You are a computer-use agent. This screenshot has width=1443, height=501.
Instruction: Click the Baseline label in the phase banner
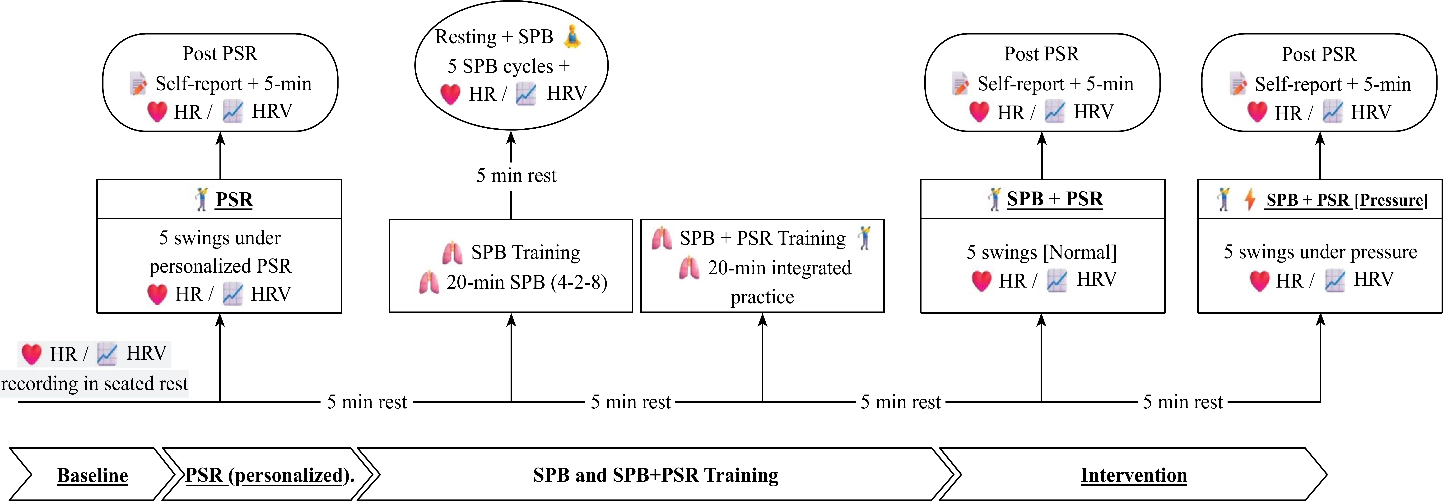(92, 475)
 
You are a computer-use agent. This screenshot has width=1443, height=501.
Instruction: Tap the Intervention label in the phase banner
(1133, 475)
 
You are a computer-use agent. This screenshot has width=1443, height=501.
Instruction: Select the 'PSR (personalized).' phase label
(270, 475)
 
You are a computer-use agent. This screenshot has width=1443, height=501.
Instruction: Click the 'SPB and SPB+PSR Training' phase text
(655, 475)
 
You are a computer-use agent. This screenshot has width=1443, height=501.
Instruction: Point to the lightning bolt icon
(1249, 199)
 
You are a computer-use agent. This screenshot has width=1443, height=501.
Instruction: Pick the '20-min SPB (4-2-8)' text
(526, 282)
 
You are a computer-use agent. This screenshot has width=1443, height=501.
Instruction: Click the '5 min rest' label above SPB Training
(516, 176)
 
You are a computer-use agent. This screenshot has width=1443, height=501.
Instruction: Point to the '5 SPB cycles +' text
(508, 67)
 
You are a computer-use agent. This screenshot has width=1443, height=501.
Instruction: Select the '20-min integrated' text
(779, 268)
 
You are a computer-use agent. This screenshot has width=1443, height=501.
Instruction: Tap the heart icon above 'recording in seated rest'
(31, 354)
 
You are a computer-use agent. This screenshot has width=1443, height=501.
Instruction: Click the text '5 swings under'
(220, 238)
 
